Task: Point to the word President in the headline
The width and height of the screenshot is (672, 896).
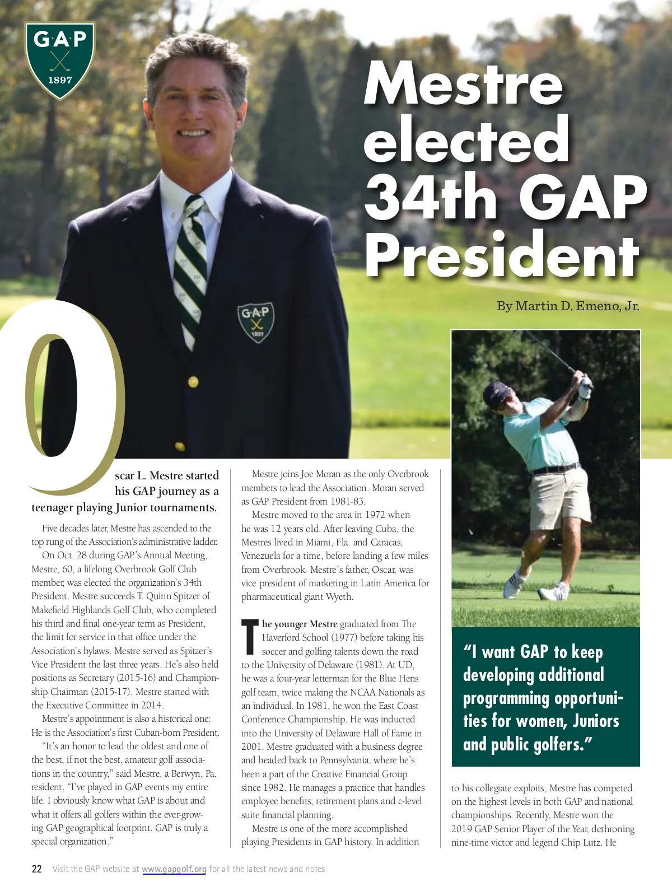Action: point(502,255)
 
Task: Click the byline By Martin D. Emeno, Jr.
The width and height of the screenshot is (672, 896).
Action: point(567,306)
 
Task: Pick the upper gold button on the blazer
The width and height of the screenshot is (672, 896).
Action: point(193,382)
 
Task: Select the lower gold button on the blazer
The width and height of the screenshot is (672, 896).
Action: point(180,446)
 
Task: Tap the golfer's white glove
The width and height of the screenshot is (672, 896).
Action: point(585,387)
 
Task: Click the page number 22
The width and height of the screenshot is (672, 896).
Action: point(37,869)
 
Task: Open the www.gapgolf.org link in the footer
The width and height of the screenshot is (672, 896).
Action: point(174,869)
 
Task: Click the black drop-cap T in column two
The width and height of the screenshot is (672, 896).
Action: point(250,637)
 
